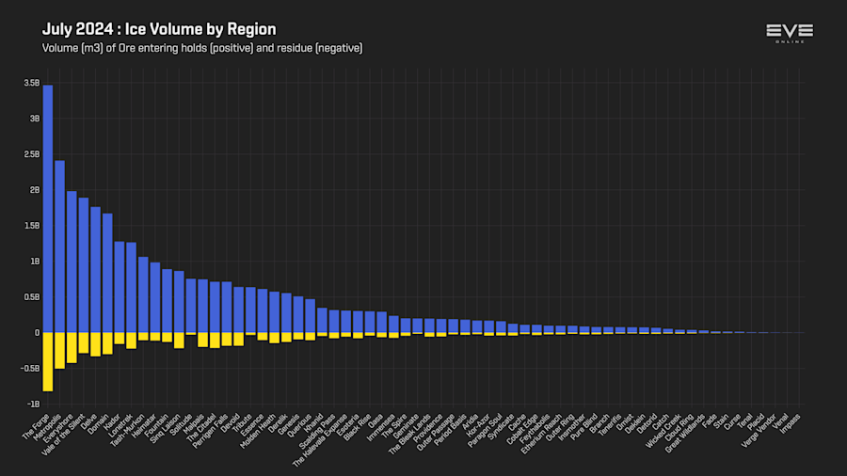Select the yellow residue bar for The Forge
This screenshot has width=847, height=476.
tap(48, 361)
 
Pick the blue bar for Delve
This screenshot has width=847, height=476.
tap(95, 269)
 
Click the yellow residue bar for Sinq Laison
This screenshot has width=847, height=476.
tap(179, 340)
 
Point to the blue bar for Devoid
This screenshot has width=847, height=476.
tap(238, 309)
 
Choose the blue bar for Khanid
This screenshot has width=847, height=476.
tap(322, 320)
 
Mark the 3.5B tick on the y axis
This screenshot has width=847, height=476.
tap(32, 84)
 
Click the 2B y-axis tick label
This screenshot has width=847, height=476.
tap(34, 190)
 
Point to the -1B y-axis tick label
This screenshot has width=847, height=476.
tap(32, 404)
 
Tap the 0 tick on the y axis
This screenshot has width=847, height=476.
tap(37, 332)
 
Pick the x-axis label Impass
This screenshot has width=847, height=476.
tap(791, 420)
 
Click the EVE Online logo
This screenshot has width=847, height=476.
tap(789, 33)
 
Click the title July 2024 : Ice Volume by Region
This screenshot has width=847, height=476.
tap(159, 29)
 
